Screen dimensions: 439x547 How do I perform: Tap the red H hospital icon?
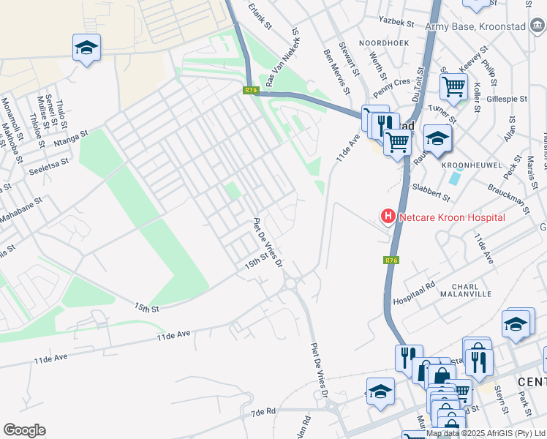(x=387, y=217)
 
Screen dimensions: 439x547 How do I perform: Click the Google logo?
(x=24, y=430)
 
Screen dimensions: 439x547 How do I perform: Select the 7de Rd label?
(x=263, y=413)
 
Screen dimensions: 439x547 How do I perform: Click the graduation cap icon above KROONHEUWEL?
(x=437, y=138)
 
